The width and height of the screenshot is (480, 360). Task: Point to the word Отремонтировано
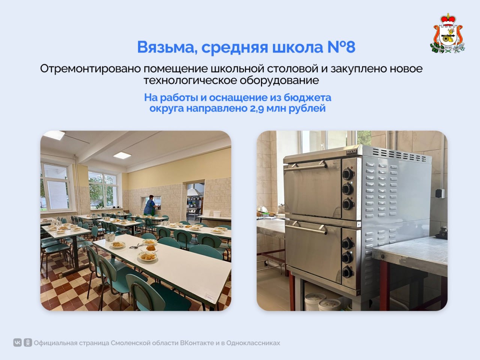(88, 69)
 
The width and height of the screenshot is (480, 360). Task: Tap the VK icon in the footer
(17, 343)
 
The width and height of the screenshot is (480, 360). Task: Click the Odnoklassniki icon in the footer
(27, 343)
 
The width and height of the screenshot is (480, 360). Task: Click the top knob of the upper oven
(348, 173)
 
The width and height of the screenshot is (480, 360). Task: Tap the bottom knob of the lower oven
(347, 271)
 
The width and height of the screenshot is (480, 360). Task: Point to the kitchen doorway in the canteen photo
(195, 201)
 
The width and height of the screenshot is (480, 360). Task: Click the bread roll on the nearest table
(150, 248)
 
